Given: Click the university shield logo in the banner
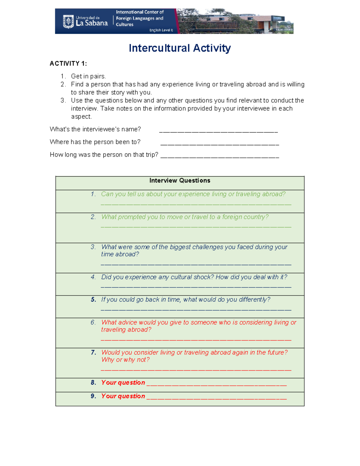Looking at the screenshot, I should (x=68, y=22).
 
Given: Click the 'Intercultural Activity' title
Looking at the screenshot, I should (x=180, y=48).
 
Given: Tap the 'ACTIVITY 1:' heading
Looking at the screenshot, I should (x=68, y=63).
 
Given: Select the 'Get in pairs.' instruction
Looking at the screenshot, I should (x=88, y=76).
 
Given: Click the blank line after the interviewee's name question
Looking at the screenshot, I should (x=218, y=131).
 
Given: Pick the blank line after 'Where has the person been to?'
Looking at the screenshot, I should (x=220, y=144).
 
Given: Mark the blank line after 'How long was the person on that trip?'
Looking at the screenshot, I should (x=220, y=157).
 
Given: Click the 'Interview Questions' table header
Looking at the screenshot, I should (x=180, y=180).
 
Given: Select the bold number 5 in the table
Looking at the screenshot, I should (x=93, y=299).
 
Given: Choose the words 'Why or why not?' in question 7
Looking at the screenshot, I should (x=125, y=359).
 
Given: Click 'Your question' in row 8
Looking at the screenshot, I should (x=123, y=383).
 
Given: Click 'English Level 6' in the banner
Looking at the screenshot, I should (x=161, y=30).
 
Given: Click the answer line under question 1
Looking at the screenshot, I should (x=196, y=204).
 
